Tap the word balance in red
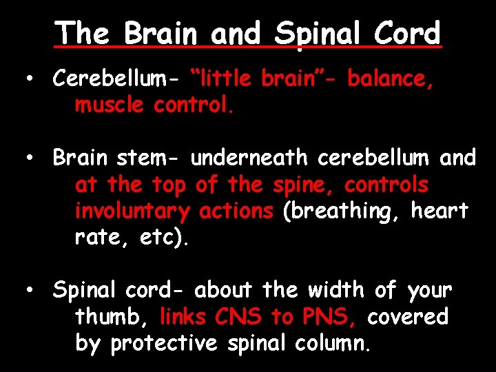[x=390, y=79]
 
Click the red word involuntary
[x=132, y=211]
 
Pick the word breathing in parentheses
[x=342, y=211]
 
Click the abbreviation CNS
[x=238, y=317]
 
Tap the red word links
[x=183, y=317]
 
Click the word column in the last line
[x=336, y=343]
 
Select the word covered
[x=408, y=317]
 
